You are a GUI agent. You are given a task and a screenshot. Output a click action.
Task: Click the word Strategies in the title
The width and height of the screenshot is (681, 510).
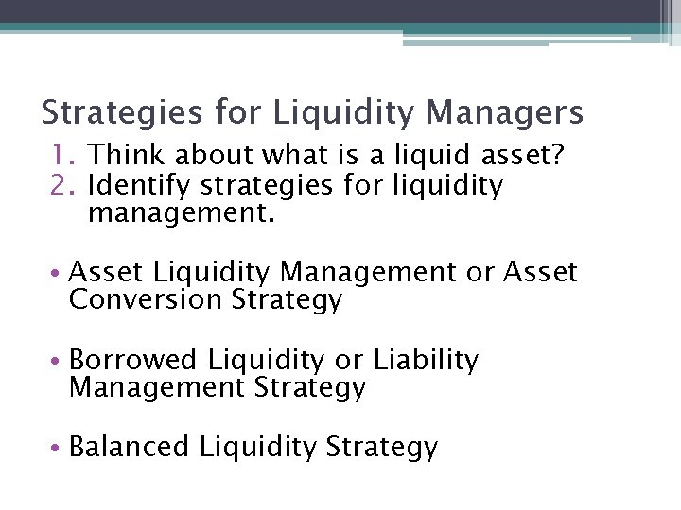[x=121, y=114]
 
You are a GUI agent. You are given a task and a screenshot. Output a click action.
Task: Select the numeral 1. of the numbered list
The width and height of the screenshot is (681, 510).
[x=62, y=155]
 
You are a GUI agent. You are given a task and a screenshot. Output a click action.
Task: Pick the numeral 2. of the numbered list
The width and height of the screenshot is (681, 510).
[x=62, y=186]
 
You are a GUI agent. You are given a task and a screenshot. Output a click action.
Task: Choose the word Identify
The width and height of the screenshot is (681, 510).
[x=144, y=186]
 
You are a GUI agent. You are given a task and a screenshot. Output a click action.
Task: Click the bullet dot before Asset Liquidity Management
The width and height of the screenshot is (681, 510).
[x=59, y=275]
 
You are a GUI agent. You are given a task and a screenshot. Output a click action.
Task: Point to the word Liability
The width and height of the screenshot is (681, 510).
[x=426, y=361]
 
